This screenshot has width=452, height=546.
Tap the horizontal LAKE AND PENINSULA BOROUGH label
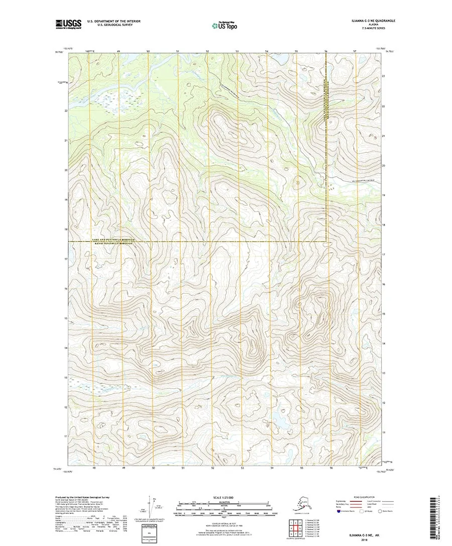(114, 240)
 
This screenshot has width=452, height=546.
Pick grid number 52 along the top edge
(207, 52)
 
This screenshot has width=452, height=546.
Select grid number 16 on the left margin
(66, 289)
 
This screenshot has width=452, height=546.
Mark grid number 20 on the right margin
(383, 165)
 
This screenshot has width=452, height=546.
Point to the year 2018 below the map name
(362, 540)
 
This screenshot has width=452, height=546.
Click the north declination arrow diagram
(152, 507)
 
